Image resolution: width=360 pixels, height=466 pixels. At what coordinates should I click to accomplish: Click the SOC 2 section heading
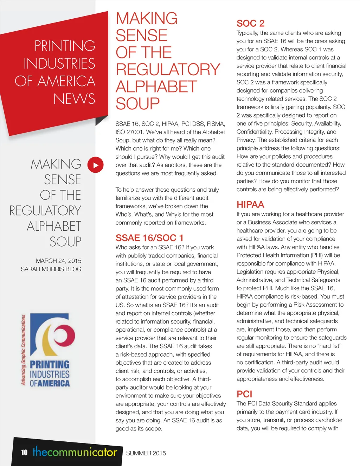click(x=250, y=24)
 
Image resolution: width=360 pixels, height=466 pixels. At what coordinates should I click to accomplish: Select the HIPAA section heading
click(x=250, y=205)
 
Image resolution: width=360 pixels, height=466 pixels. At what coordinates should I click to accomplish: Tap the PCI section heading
click(x=244, y=394)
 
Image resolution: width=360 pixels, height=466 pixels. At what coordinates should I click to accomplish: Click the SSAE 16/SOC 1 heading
click(x=149, y=238)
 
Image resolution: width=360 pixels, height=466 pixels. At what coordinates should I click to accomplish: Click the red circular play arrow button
click(x=95, y=165)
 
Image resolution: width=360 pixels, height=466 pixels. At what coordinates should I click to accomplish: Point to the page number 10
click(x=24, y=452)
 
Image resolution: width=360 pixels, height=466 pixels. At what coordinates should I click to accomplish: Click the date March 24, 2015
click(x=58, y=261)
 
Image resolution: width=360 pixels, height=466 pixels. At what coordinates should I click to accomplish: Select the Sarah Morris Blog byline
click(x=51, y=269)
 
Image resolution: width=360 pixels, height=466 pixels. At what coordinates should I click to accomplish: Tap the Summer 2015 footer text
click(x=146, y=453)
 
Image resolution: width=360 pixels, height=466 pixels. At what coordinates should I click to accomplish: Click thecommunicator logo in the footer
click(x=75, y=452)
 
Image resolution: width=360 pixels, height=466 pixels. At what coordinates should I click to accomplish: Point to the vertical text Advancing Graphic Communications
click(x=24, y=350)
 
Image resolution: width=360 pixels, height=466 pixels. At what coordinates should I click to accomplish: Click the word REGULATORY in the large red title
click(x=168, y=70)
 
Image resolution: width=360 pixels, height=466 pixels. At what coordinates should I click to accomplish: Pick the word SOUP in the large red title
click(x=137, y=104)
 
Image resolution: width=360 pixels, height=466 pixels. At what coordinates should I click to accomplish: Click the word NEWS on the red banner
click(x=74, y=99)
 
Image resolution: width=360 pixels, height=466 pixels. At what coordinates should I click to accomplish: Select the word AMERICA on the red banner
click(x=66, y=81)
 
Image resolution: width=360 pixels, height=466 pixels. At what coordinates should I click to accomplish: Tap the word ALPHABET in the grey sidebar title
click(x=54, y=226)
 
